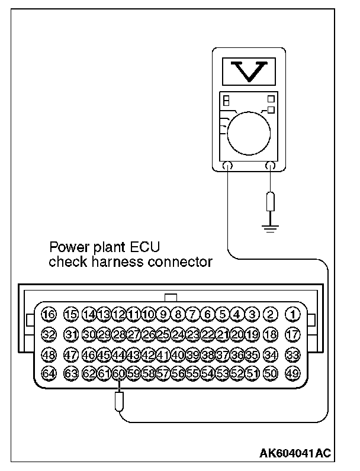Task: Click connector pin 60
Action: click(x=118, y=373)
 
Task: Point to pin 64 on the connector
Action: click(x=49, y=373)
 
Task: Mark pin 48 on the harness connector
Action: click(x=49, y=354)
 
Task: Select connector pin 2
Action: click(x=271, y=314)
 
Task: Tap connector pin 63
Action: click(x=71, y=373)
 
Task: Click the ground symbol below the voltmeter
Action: click(x=271, y=227)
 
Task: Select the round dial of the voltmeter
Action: click(x=249, y=131)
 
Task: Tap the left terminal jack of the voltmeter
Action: click(x=227, y=166)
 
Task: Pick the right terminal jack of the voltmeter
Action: click(x=271, y=166)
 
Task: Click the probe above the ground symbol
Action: click(x=271, y=201)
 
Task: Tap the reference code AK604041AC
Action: click(x=295, y=453)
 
